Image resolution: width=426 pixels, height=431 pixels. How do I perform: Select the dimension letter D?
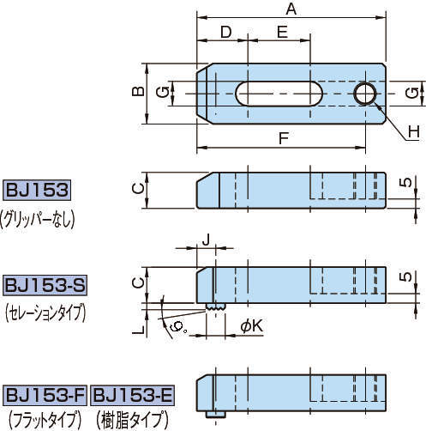[225, 32]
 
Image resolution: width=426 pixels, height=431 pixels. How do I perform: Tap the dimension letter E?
[280, 32]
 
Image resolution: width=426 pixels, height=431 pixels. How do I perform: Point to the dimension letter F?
[284, 137]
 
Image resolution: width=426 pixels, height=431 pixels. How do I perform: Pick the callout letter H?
[412, 131]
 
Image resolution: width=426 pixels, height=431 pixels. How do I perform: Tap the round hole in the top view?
[365, 93]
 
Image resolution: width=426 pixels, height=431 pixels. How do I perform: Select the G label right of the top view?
[412, 92]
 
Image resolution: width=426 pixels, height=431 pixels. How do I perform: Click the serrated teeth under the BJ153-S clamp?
[215, 305]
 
